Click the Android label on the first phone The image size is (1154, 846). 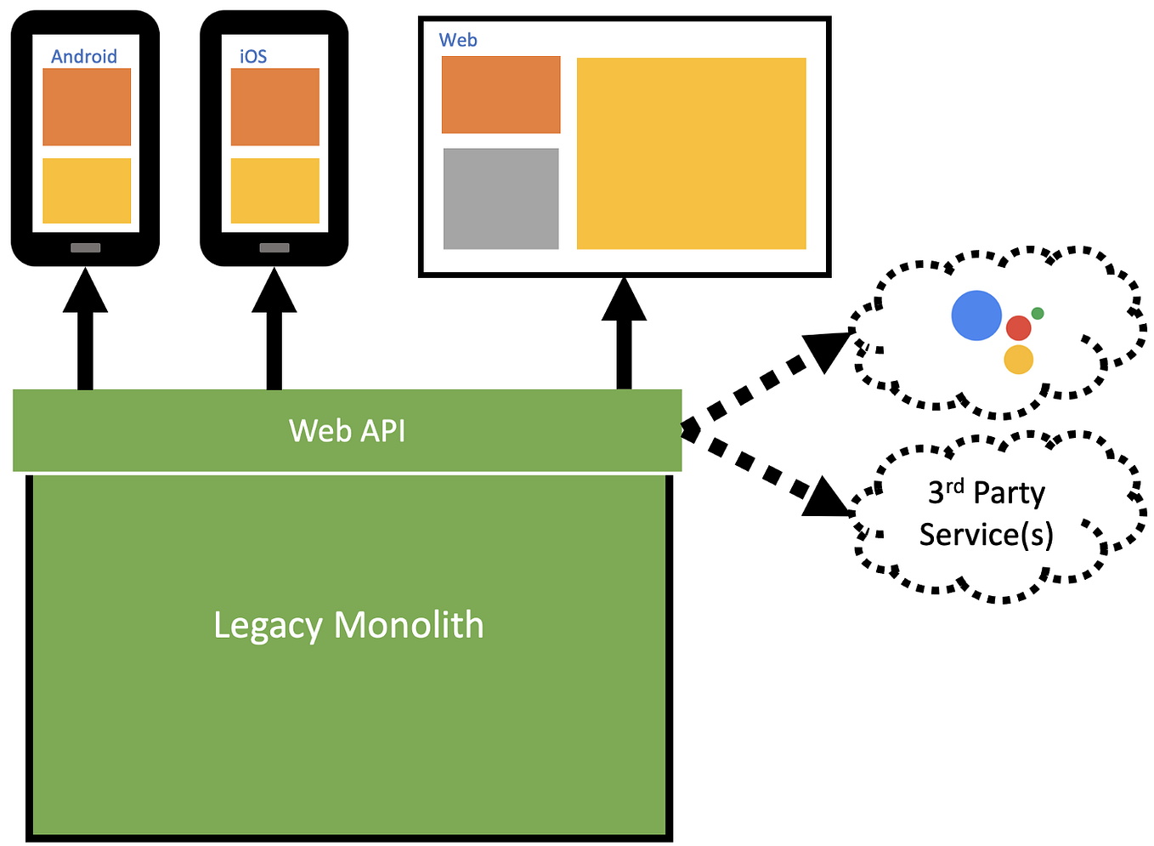click(x=84, y=56)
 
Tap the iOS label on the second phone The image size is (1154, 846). click(x=253, y=56)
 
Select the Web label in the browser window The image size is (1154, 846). click(x=458, y=40)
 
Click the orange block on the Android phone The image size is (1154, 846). click(x=87, y=107)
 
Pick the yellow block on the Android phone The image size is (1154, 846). click(x=87, y=190)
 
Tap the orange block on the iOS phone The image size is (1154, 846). click(x=274, y=107)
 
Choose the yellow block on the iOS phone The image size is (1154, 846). click(x=274, y=190)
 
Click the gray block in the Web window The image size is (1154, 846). click(x=501, y=199)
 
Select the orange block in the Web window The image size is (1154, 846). click(x=501, y=94)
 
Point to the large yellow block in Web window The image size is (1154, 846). click(x=691, y=153)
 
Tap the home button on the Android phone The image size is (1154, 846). click(x=85, y=247)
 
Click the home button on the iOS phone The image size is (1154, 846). click(x=274, y=247)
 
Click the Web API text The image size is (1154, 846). click(x=347, y=430)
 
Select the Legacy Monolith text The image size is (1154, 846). click(x=348, y=625)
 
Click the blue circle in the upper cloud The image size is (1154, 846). click(x=976, y=315)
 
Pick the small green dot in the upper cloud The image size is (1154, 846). click(x=1038, y=313)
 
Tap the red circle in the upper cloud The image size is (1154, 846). click(x=1018, y=328)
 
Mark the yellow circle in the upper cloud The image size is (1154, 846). click(x=1018, y=360)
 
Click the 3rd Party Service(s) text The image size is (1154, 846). click(x=987, y=514)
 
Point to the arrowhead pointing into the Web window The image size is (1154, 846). click(x=624, y=300)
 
